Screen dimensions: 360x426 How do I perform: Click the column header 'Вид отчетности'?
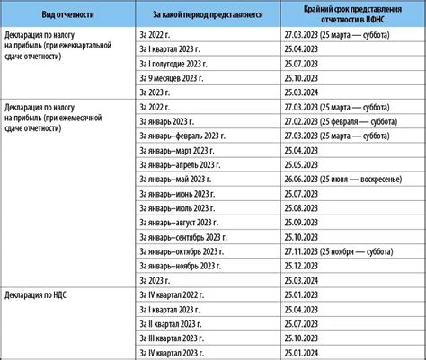[x=69, y=13]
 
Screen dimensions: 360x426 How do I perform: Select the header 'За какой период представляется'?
[x=208, y=13]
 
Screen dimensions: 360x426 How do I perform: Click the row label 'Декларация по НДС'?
[x=45, y=294]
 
